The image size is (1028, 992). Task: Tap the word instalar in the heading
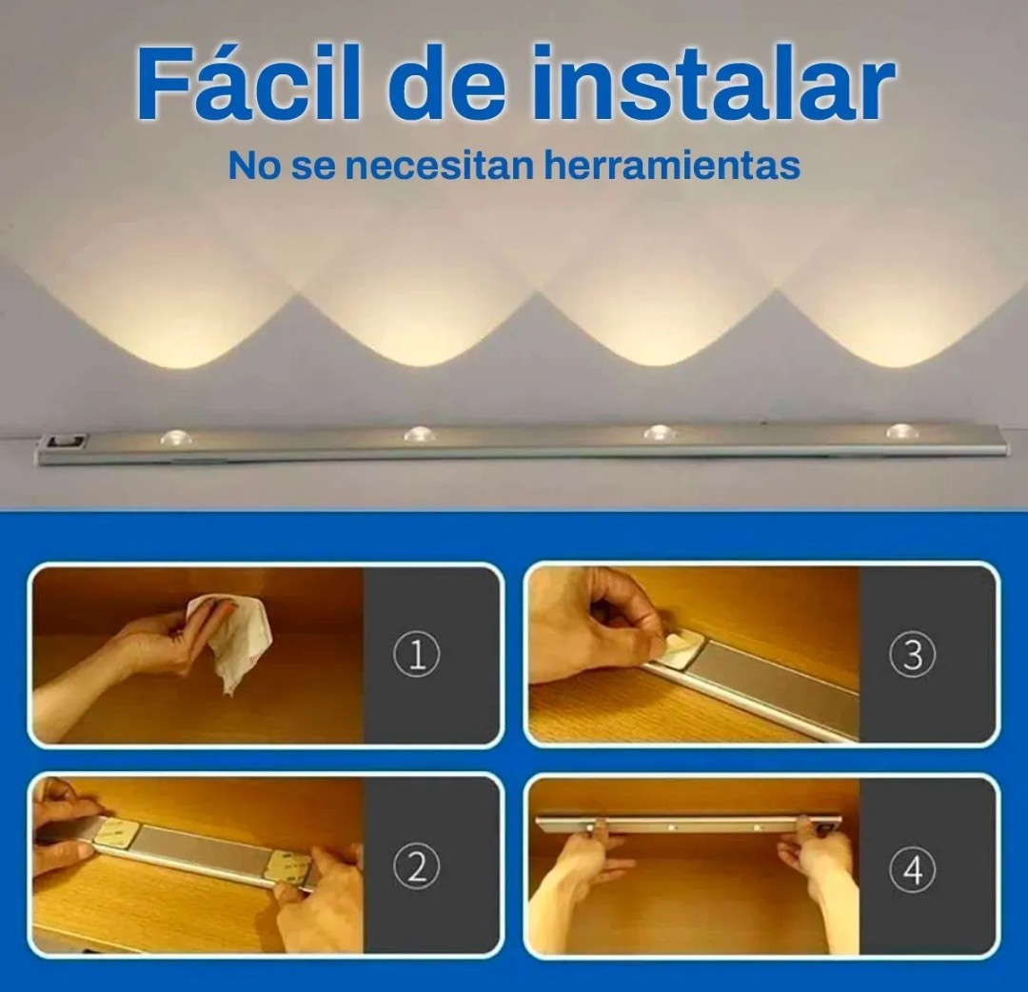[x=713, y=84]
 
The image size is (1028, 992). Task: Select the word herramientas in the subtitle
[x=671, y=166]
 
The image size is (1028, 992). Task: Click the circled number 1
[x=416, y=655]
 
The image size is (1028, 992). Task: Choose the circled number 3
[x=912, y=655]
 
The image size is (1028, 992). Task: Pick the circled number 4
[x=912, y=870]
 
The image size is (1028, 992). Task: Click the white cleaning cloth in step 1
[x=228, y=641]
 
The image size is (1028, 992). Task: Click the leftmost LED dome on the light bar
[x=177, y=438]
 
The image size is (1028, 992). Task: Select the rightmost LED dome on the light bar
[x=902, y=431]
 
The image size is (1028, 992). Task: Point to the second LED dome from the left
[x=421, y=433]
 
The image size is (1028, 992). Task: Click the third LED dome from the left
[x=660, y=432]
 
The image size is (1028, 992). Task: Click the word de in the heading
[x=445, y=84]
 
